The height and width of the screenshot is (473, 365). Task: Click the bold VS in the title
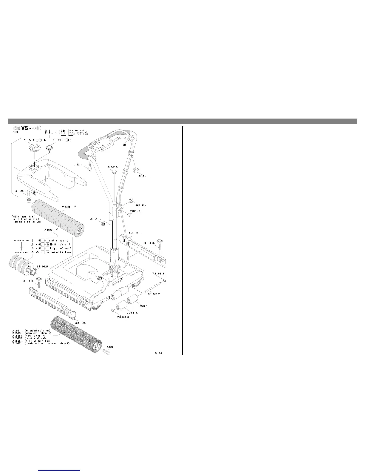click(x=25, y=128)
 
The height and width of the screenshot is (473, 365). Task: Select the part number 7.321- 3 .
click(x=137, y=211)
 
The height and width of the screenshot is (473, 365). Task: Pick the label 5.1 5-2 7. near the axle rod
click(x=154, y=294)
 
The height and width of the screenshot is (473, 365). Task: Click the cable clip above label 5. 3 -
click(x=136, y=171)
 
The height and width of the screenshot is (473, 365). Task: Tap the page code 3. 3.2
click(x=159, y=353)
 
